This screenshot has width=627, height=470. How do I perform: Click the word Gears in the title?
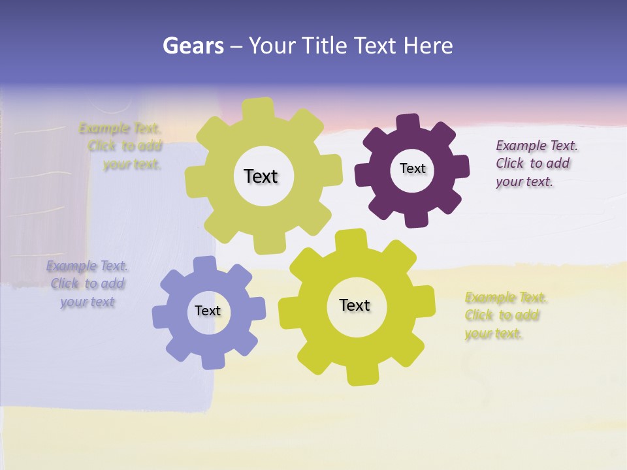[193, 46]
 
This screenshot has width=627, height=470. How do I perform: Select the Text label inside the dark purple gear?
[412, 168]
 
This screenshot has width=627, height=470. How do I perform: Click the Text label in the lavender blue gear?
[208, 311]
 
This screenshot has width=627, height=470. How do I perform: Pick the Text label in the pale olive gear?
[261, 176]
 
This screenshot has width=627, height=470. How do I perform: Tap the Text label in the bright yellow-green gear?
[355, 305]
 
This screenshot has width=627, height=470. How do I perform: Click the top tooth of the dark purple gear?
[408, 123]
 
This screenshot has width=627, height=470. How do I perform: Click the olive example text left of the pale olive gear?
[124, 146]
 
